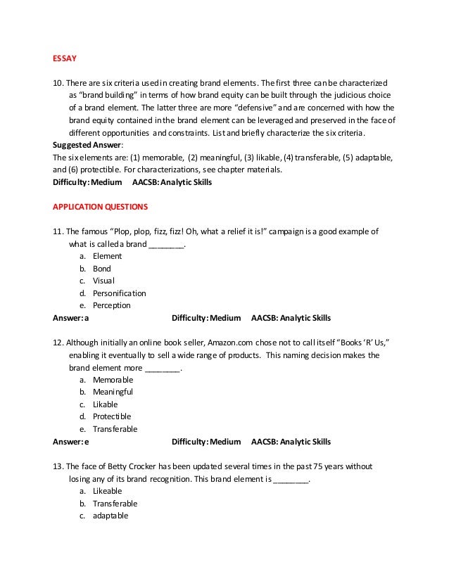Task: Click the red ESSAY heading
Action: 65,58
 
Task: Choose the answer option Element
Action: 107,256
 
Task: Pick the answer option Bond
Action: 102,269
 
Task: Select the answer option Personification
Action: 120,293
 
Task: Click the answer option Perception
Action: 112,305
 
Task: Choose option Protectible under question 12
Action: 112,416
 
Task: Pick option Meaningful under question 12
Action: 113,392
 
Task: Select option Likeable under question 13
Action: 108,491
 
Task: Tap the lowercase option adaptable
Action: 110,516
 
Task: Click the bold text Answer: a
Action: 71,318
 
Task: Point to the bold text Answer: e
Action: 71,442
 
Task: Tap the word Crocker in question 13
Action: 147,466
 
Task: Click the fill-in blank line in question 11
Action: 167,245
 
